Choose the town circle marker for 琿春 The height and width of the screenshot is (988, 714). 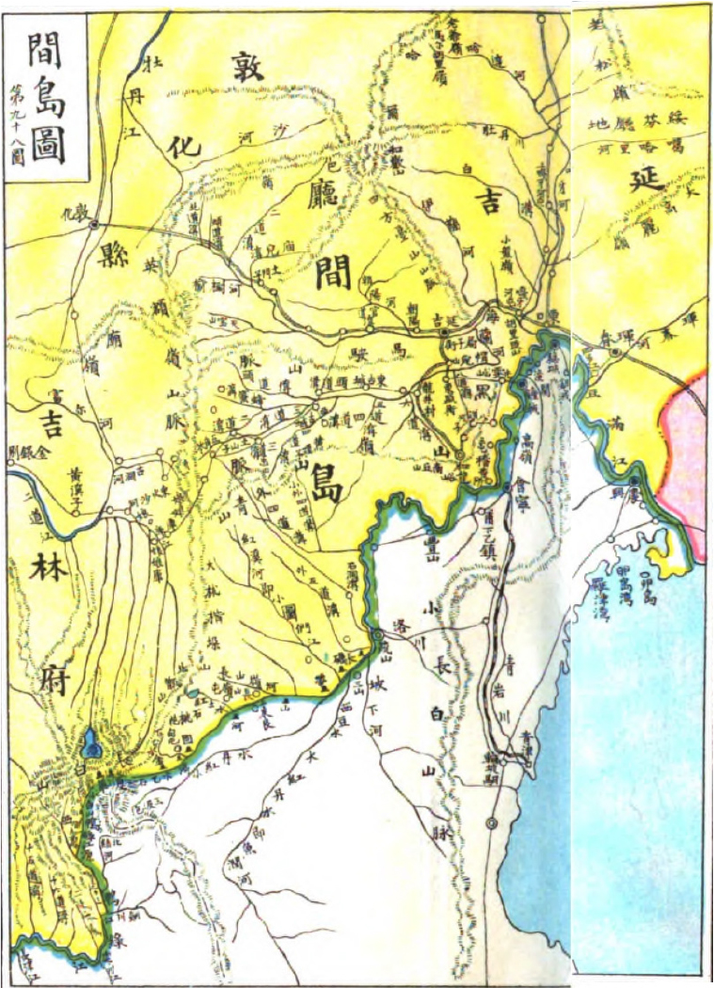[x=614, y=353]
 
